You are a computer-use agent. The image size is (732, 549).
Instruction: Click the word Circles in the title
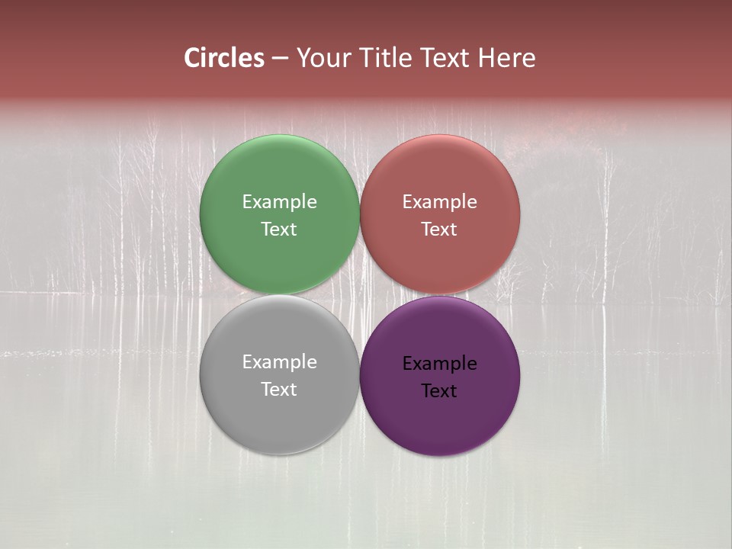coord(224,58)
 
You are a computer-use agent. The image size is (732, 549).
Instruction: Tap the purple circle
coord(439,416)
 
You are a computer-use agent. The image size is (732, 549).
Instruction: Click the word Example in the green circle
coord(279,202)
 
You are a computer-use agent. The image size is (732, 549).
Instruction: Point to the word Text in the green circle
coord(279,230)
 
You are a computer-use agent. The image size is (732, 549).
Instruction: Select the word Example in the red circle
coord(439,202)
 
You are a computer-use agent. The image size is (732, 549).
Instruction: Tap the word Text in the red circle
coord(439,230)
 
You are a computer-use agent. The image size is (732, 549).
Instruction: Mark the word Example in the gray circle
coord(279,362)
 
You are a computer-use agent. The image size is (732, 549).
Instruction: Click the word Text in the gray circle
coord(279,390)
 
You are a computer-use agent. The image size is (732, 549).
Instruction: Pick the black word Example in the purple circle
coord(439,364)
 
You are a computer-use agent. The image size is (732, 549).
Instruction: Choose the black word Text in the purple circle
coord(439,391)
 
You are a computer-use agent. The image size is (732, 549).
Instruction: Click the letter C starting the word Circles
coord(192,58)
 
